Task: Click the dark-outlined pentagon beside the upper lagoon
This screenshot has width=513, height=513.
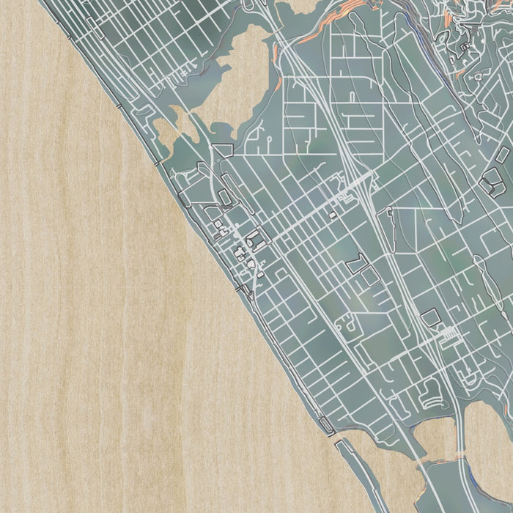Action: click(222, 150)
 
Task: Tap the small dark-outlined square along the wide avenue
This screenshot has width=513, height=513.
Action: click(332, 215)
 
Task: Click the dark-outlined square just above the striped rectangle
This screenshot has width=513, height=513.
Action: click(431, 317)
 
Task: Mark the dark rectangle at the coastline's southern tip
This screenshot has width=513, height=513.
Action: click(339, 443)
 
